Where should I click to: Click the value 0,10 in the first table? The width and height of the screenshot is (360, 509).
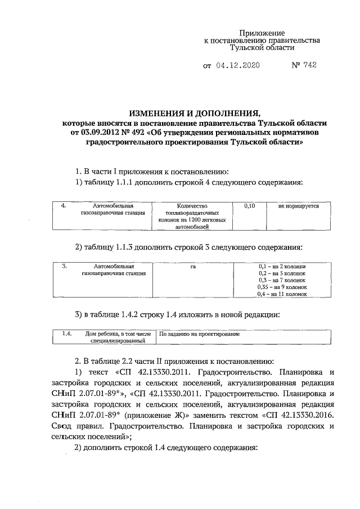tap(251, 206)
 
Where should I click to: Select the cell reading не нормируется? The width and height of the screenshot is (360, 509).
tap(299, 206)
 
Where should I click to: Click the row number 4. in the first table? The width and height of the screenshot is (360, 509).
tap(64, 206)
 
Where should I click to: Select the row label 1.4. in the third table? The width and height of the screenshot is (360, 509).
tap(66, 334)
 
